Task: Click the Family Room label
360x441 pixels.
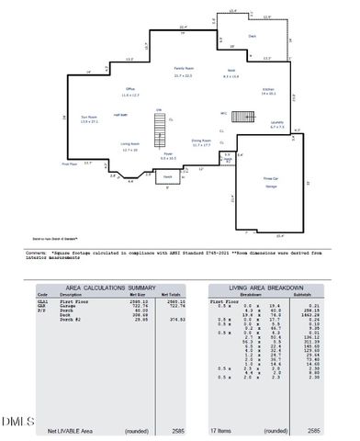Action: pos(183,72)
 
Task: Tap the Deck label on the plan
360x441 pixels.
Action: pos(252,37)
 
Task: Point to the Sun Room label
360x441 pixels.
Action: pos(89,119)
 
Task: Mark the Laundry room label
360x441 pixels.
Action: pos(276,124)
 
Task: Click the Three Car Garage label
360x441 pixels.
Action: pos(271,182)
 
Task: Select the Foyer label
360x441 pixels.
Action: pos(168,156)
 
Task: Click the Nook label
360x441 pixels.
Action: pos(231,73)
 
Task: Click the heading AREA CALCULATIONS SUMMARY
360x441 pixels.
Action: pos(109,288)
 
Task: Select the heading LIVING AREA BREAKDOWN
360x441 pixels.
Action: pos(266,288)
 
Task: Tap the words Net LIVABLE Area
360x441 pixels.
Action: pos(71,430)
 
